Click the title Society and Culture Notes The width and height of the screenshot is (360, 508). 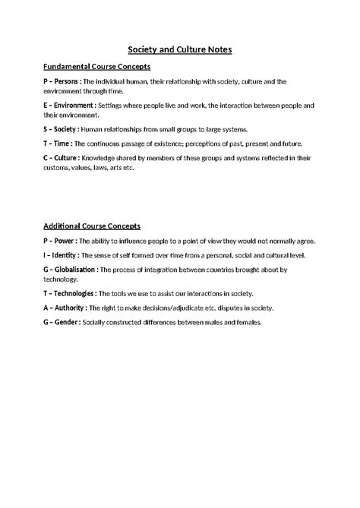tap(180, 49)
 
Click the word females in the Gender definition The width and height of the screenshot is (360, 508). tap(246, 322)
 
